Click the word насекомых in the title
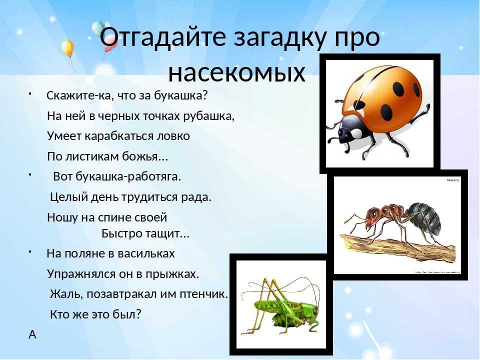[x=236, y=73]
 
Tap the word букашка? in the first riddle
[x=181, y=95]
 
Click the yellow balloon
[x=67, y=48]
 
